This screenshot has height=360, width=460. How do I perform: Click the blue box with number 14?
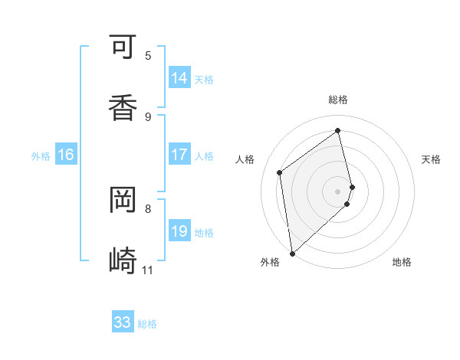pos(179,78)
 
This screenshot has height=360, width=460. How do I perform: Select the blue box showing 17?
pos(179,155)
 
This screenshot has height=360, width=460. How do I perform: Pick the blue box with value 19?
pos(179,231)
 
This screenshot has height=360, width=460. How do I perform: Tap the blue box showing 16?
pos(66,155)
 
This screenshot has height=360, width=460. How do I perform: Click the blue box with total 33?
pos(123,322)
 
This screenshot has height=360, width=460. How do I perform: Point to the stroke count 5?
pos(148,55)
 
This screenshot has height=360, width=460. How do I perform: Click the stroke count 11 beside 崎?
pos(147,270)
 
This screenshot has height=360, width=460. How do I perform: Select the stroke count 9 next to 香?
pos(148,116)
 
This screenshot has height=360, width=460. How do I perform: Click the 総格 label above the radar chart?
pos(338,100)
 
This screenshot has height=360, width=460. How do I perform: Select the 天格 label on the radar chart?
pos(432,159)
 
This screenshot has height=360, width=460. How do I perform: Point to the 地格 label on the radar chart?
pos(402,263)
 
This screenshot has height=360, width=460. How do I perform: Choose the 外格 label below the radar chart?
pos(270,263)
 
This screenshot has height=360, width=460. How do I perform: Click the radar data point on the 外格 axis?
pos(292,253)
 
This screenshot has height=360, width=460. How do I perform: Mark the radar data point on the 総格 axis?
pos(338,131)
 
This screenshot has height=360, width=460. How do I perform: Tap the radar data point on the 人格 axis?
pos(280,172)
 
